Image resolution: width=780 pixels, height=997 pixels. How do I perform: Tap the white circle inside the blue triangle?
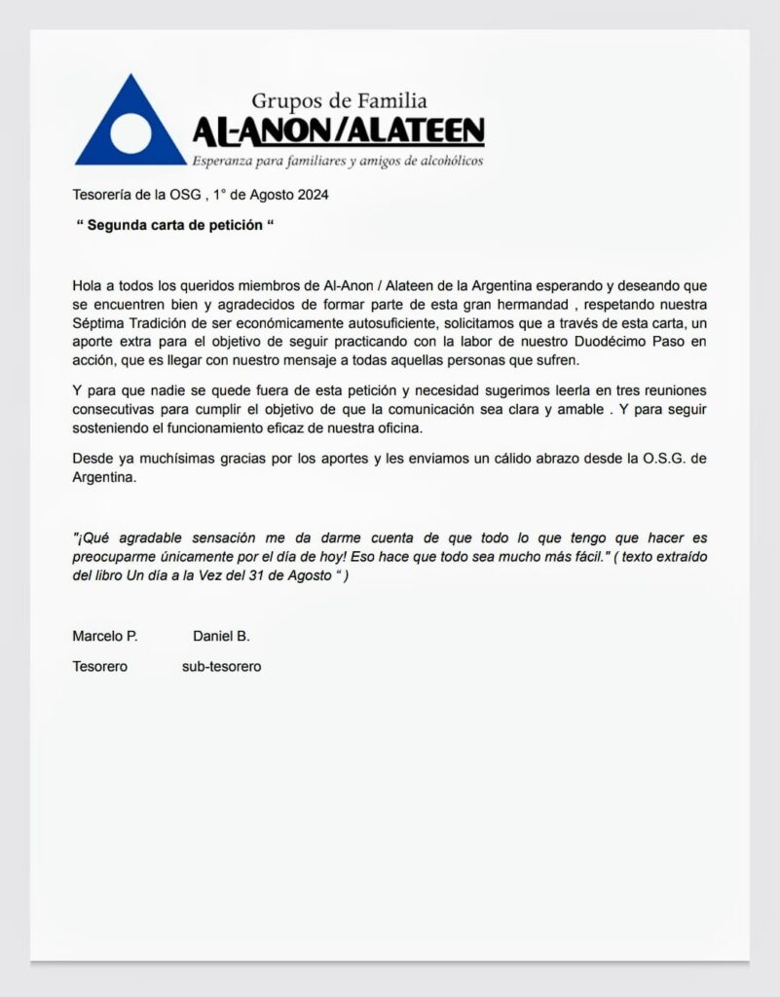coord(130,134)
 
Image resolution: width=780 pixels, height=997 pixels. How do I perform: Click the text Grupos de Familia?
coord(339,100)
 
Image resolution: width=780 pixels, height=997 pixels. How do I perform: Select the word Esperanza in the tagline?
coord(226,161)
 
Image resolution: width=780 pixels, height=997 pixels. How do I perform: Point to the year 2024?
coord(312,195)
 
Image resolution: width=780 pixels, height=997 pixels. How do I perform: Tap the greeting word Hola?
coord(88,286)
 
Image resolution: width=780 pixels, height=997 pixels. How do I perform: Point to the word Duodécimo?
coord(573,342)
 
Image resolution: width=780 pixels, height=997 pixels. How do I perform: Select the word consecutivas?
coord(117,409)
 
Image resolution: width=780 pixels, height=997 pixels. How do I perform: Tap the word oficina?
coord(454,427)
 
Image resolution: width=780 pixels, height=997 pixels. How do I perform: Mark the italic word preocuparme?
coord(116,556)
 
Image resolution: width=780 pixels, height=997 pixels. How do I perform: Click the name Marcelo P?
coord(105,636)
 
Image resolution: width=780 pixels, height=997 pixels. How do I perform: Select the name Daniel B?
coord(221,636)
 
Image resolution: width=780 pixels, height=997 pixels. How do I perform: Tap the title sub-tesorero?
coord(221,667)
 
